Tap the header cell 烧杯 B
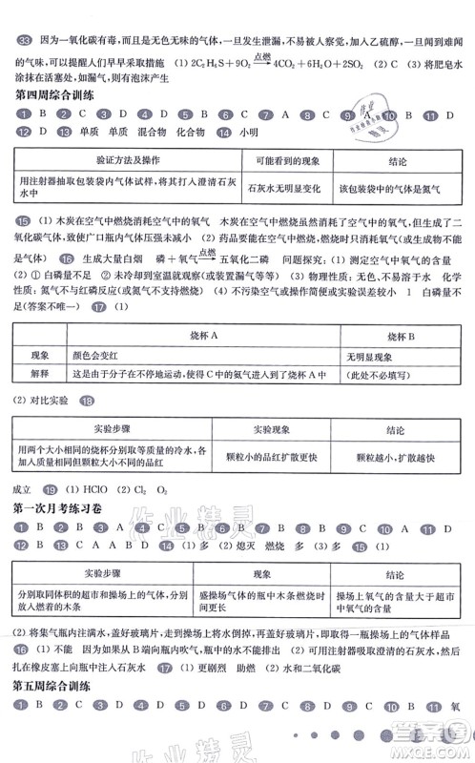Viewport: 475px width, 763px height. (x=402, y=337)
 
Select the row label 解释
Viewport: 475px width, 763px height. (x=32, y=375)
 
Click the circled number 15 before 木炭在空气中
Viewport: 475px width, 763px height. (x=21, y=222)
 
